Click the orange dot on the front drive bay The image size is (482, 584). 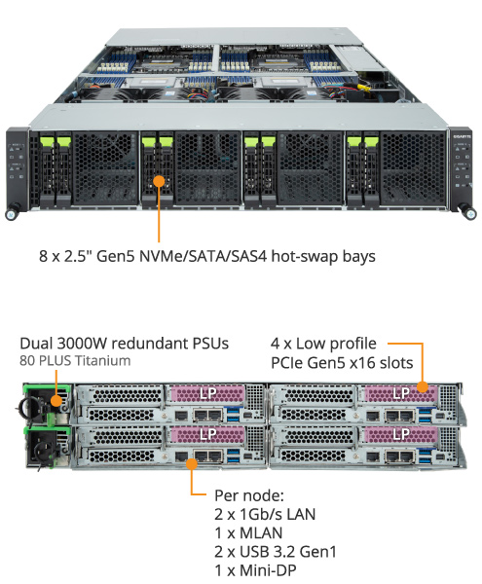coord(159,181)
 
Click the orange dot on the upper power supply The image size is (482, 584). coord(56,401)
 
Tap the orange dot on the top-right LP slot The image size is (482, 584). coord(422,387)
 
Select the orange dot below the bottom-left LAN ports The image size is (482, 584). coord(192,464)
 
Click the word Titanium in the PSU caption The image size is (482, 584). coord(102,361)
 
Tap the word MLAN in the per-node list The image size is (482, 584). coord(261,533)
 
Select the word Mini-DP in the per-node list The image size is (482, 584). coord(268,570)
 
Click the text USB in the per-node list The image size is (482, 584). coord(254,552)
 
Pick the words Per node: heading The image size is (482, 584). coord(249,495)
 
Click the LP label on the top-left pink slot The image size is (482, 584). coord(207,393)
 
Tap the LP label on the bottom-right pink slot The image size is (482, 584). coord(401,434)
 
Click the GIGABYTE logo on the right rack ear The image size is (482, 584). coord(462,136)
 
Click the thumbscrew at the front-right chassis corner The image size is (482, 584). coord(470,214)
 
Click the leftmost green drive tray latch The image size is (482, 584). coord(47,141)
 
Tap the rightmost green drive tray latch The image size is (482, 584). coord(372,141)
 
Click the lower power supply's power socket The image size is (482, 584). coord(44,449)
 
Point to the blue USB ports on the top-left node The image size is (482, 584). coord(234,415)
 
